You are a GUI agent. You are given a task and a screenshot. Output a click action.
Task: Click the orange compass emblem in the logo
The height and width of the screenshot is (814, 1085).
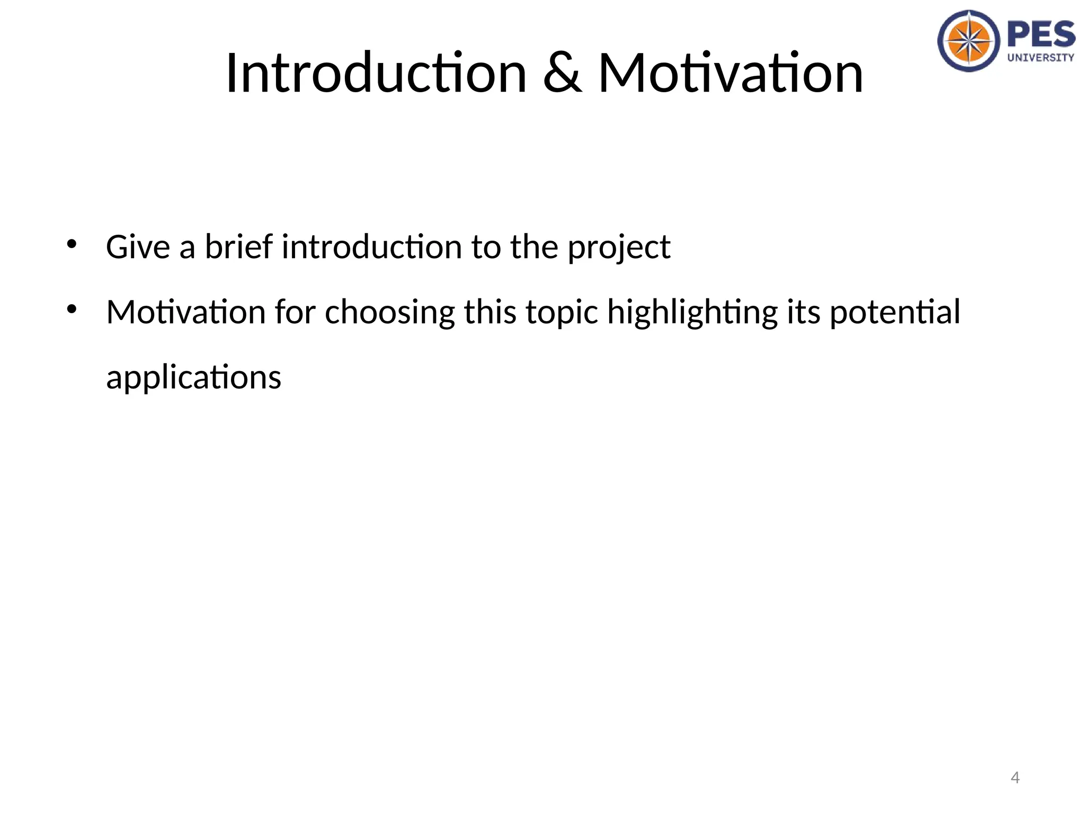click(969, 41)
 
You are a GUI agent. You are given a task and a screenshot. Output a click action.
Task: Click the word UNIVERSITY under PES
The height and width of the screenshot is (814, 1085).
click(1041, 57)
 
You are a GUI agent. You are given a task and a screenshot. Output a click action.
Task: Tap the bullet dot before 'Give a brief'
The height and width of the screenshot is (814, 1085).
click(72, 244)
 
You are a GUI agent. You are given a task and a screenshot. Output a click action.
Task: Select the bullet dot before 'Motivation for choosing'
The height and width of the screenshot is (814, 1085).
click(72, 309)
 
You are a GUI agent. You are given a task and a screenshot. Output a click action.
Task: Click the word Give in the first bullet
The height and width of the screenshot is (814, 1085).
click(138, 247)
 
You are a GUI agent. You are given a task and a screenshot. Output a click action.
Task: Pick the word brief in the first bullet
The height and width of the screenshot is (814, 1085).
click(239, 247)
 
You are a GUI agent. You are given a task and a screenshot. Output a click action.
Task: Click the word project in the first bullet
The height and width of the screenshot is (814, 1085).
click(619, 248)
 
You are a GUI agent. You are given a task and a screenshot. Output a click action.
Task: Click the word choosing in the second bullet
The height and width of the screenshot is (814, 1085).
click(390, 313)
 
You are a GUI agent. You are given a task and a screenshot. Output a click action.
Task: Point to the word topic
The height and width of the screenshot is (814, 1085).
click(562, 313)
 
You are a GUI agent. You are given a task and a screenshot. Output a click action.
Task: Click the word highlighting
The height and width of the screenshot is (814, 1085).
click(692, 313)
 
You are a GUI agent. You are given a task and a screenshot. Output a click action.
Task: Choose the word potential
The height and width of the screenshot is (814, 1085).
click(895, 313)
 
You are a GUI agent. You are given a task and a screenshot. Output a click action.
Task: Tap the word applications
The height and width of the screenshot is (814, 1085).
click(194, 378)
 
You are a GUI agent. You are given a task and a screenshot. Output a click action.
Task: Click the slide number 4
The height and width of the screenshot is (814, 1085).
click(1015, 777)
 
